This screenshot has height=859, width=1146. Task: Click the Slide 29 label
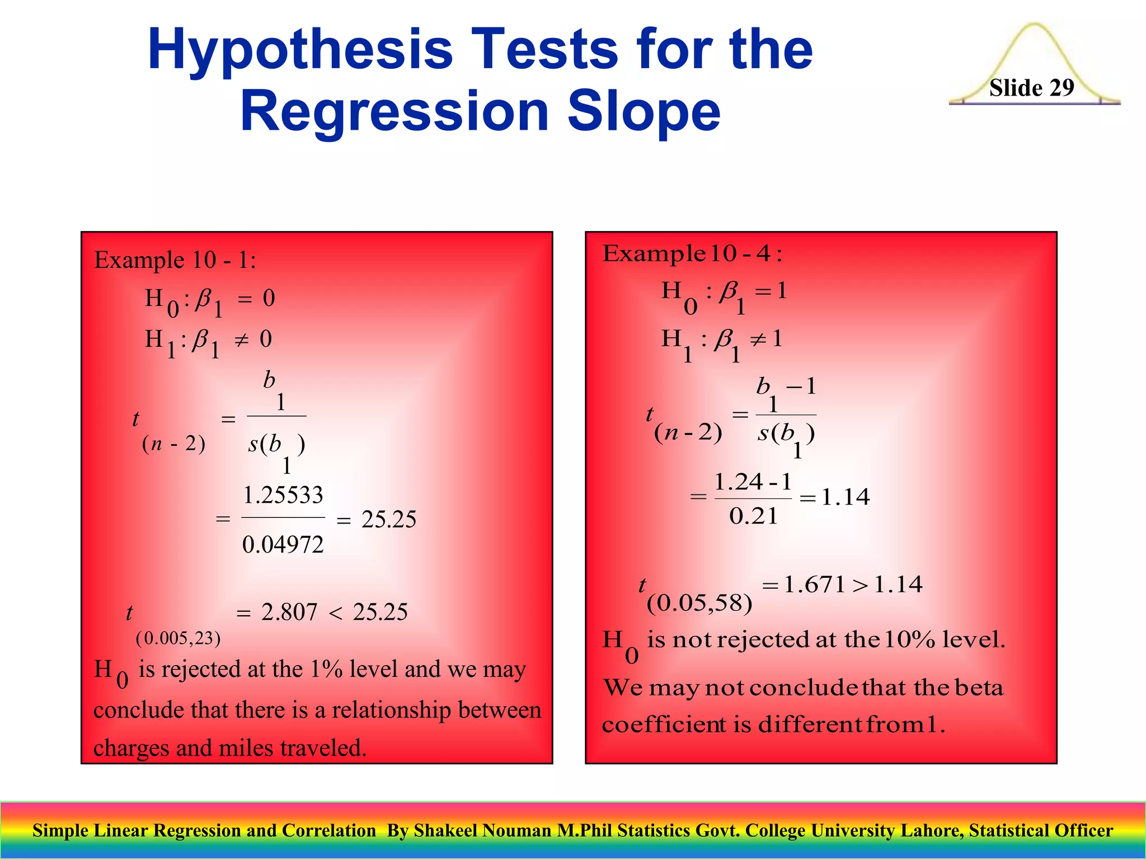tap(1031, 88)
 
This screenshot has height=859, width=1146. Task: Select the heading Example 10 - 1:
tap(175, 260)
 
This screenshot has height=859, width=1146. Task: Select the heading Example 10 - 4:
tap(692, 254)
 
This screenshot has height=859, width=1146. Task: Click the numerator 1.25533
tap(283, 495)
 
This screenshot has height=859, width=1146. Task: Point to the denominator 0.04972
tap(283, 544)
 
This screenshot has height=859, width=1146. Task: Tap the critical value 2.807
tap(289, 612)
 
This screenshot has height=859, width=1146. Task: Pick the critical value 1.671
tap(814, 584)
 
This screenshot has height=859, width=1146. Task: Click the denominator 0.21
tap(753, 516)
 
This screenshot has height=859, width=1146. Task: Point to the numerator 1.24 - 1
tap(753, 482)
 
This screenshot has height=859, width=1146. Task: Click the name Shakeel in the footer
tap(447, 830)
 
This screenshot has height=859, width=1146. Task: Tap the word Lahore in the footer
tap(933, 830)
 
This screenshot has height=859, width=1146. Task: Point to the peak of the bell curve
tap(1035, 25)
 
